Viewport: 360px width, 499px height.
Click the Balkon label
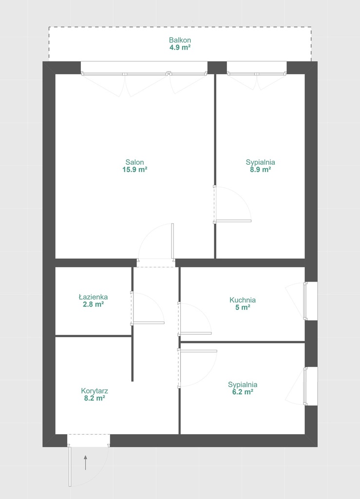point(180,40)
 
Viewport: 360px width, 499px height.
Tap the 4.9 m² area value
point(180,47)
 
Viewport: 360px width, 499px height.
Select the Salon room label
point(134,162)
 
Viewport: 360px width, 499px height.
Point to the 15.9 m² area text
point(134,170)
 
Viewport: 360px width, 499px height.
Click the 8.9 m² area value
point(260,170)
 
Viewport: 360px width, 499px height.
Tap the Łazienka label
point(93,297)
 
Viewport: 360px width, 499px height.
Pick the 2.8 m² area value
point(93,304)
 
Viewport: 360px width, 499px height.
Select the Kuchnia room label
point(243,300)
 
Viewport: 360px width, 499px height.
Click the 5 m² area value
point(243,307)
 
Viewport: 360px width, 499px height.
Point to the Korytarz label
point(95,391)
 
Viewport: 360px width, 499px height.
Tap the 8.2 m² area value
point(95,398)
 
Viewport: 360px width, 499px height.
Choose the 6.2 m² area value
point(243,392)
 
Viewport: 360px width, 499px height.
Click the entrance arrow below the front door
point(85,463)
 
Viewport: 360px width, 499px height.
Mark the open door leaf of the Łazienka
point(148,323)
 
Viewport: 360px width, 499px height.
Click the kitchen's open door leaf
point(195,333)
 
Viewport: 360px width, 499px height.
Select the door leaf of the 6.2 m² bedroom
point(197,351)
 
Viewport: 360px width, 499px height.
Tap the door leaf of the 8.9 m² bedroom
point(233,221)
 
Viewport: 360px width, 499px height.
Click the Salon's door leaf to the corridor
point(172,241)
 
